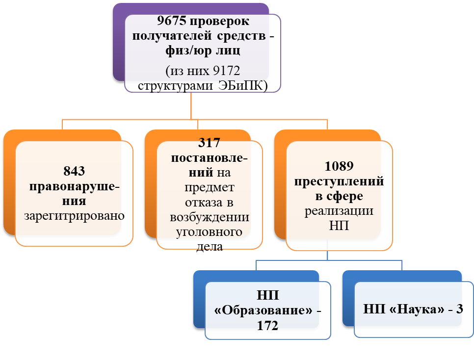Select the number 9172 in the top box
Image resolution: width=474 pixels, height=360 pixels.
click(226, 71)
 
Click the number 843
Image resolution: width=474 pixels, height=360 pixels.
click(74, 171)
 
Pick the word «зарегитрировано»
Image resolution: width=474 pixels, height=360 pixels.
click(74, 215)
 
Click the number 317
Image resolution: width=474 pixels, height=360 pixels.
click(209, 143)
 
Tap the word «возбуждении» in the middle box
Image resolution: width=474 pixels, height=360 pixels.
click(209, 217)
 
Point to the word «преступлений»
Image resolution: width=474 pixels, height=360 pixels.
click(339, 181)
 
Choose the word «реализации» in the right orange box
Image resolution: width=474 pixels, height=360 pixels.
click(339, 211)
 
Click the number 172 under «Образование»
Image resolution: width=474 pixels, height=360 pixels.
click(267, 326)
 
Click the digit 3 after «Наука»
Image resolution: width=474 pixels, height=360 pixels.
click(460, 309)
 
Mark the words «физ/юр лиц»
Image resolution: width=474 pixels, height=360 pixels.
click(203, 51)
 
